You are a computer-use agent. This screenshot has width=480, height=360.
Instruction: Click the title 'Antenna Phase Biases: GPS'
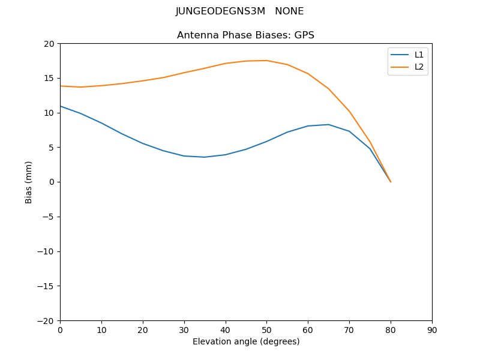pos(245,35)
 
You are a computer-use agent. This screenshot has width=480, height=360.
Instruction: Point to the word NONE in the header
pos(289,11)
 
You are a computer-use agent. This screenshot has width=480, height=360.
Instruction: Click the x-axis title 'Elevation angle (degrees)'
pos(246,342)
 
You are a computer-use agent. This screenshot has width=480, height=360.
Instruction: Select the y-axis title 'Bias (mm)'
pos(29,182)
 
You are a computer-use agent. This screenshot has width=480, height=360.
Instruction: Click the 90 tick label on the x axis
pos(432,329)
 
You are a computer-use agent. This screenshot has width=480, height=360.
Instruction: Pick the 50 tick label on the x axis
pos(266,329)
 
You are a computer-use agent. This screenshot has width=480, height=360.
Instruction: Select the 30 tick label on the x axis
pos(184,329)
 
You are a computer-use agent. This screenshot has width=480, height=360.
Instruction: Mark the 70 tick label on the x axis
pos(349,329)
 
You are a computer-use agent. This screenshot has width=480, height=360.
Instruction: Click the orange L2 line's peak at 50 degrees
pos(266,61)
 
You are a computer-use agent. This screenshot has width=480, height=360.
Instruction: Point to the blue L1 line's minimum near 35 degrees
pos(205,157)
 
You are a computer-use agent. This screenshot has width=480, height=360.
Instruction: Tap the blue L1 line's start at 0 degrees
pos(61,106)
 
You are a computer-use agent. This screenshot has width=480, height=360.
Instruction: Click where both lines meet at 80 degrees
pos(391,182)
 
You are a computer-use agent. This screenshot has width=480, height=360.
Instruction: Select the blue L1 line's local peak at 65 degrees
pos(329,125)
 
